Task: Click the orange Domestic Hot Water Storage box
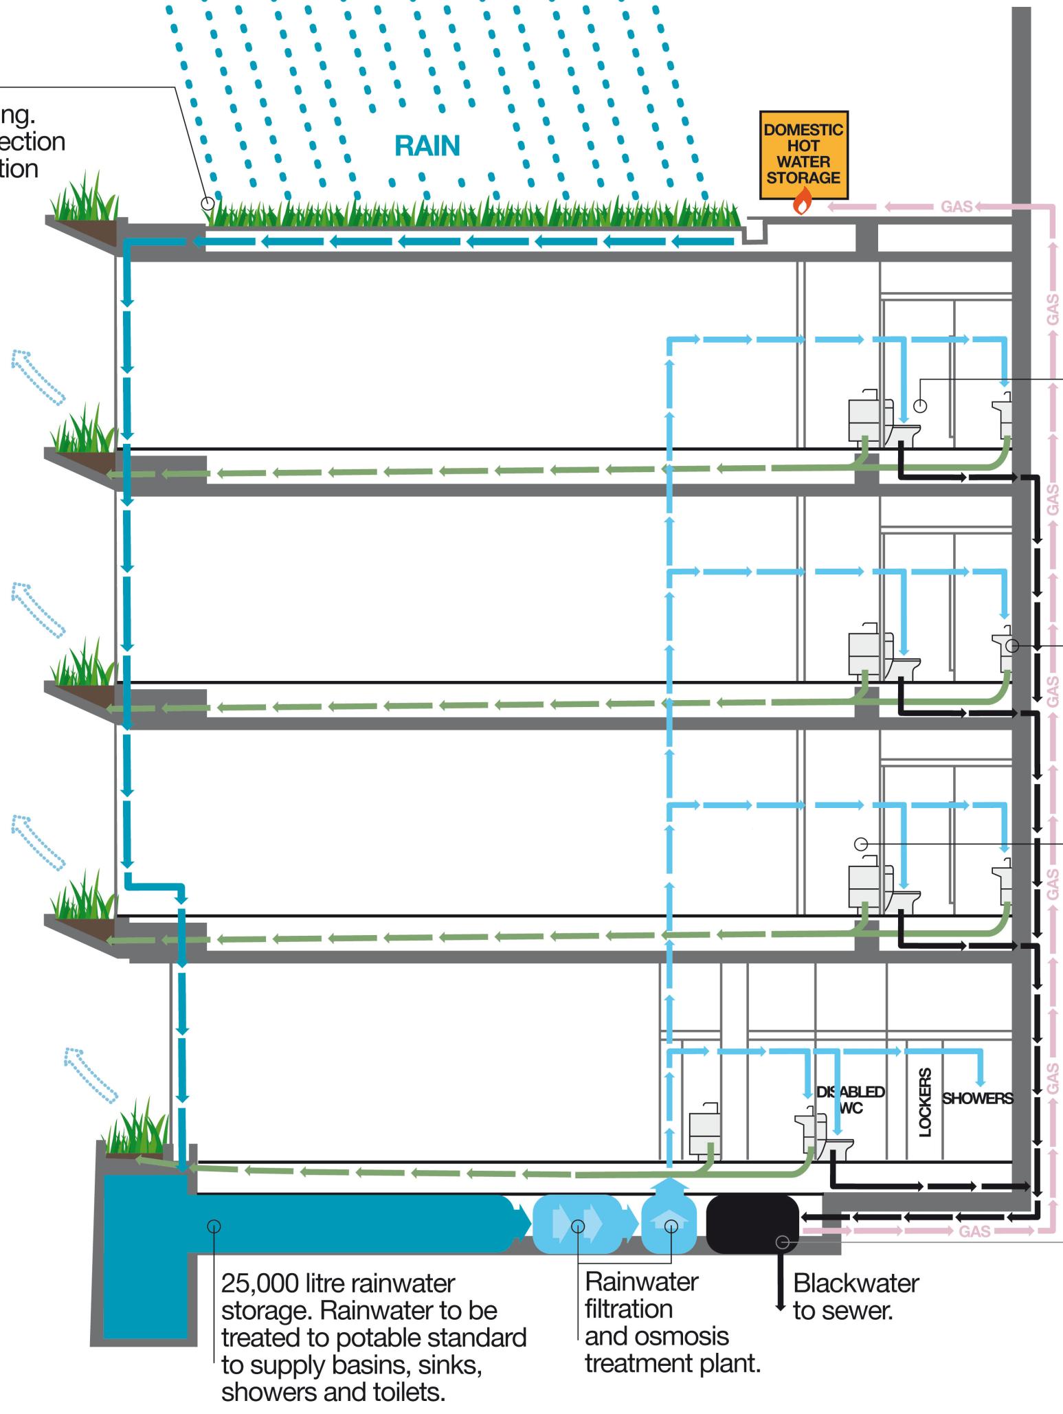coord(803,154)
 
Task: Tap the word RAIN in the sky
coord(427,146)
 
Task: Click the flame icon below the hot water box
coord(802,202)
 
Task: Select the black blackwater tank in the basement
coord(752,1224)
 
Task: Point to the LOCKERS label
coord(925,1102)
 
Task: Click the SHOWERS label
coord(976,1098)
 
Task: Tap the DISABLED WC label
coord(850,1100)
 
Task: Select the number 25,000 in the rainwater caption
coord(260,1283)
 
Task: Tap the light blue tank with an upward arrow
coord(669,1224)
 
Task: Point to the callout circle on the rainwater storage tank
coord(214,1226)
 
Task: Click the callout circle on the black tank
coord(782,1242)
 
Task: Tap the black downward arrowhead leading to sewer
coord(780,1305)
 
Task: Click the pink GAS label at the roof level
coord(956,207)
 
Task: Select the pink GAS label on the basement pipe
coord(974,1231)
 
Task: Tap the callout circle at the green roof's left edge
coord(208,203)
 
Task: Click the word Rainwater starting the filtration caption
coord(641,1281)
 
